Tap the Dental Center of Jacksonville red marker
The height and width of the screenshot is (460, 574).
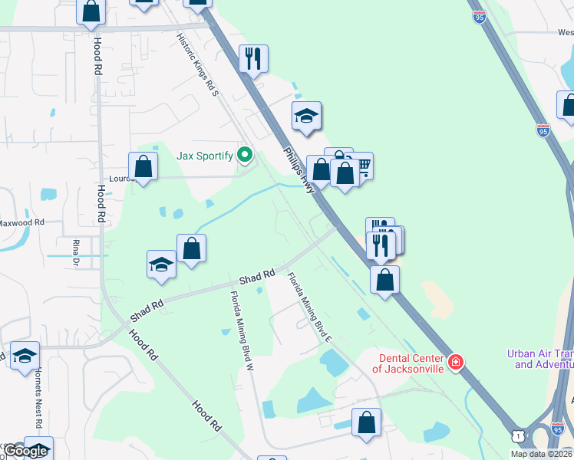pyautogui.click(x=456, y=361)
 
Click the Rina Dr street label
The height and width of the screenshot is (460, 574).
pyautogui.click(x=76, y=252)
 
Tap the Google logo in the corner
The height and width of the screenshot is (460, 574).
pyautogui.click(x=26, y=451)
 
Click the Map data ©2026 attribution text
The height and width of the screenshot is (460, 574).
pyautogui.click(x=541, y=454)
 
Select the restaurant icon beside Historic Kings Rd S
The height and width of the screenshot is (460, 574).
pyautogui.click(x=252, y=58)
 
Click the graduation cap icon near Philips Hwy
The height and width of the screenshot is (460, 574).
pyautogui.click(x=306, y=116)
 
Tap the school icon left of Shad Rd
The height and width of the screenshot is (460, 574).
pyautogui.click(x=162, y=264)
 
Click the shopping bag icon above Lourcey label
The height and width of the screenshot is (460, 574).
pyautogui.click(x=143, y=165)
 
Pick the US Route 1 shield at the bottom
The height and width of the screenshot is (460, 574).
pyautogui.click(x=519, y=435)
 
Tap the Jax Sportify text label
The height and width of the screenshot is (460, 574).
pyautogui.click(x=205, y=156)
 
